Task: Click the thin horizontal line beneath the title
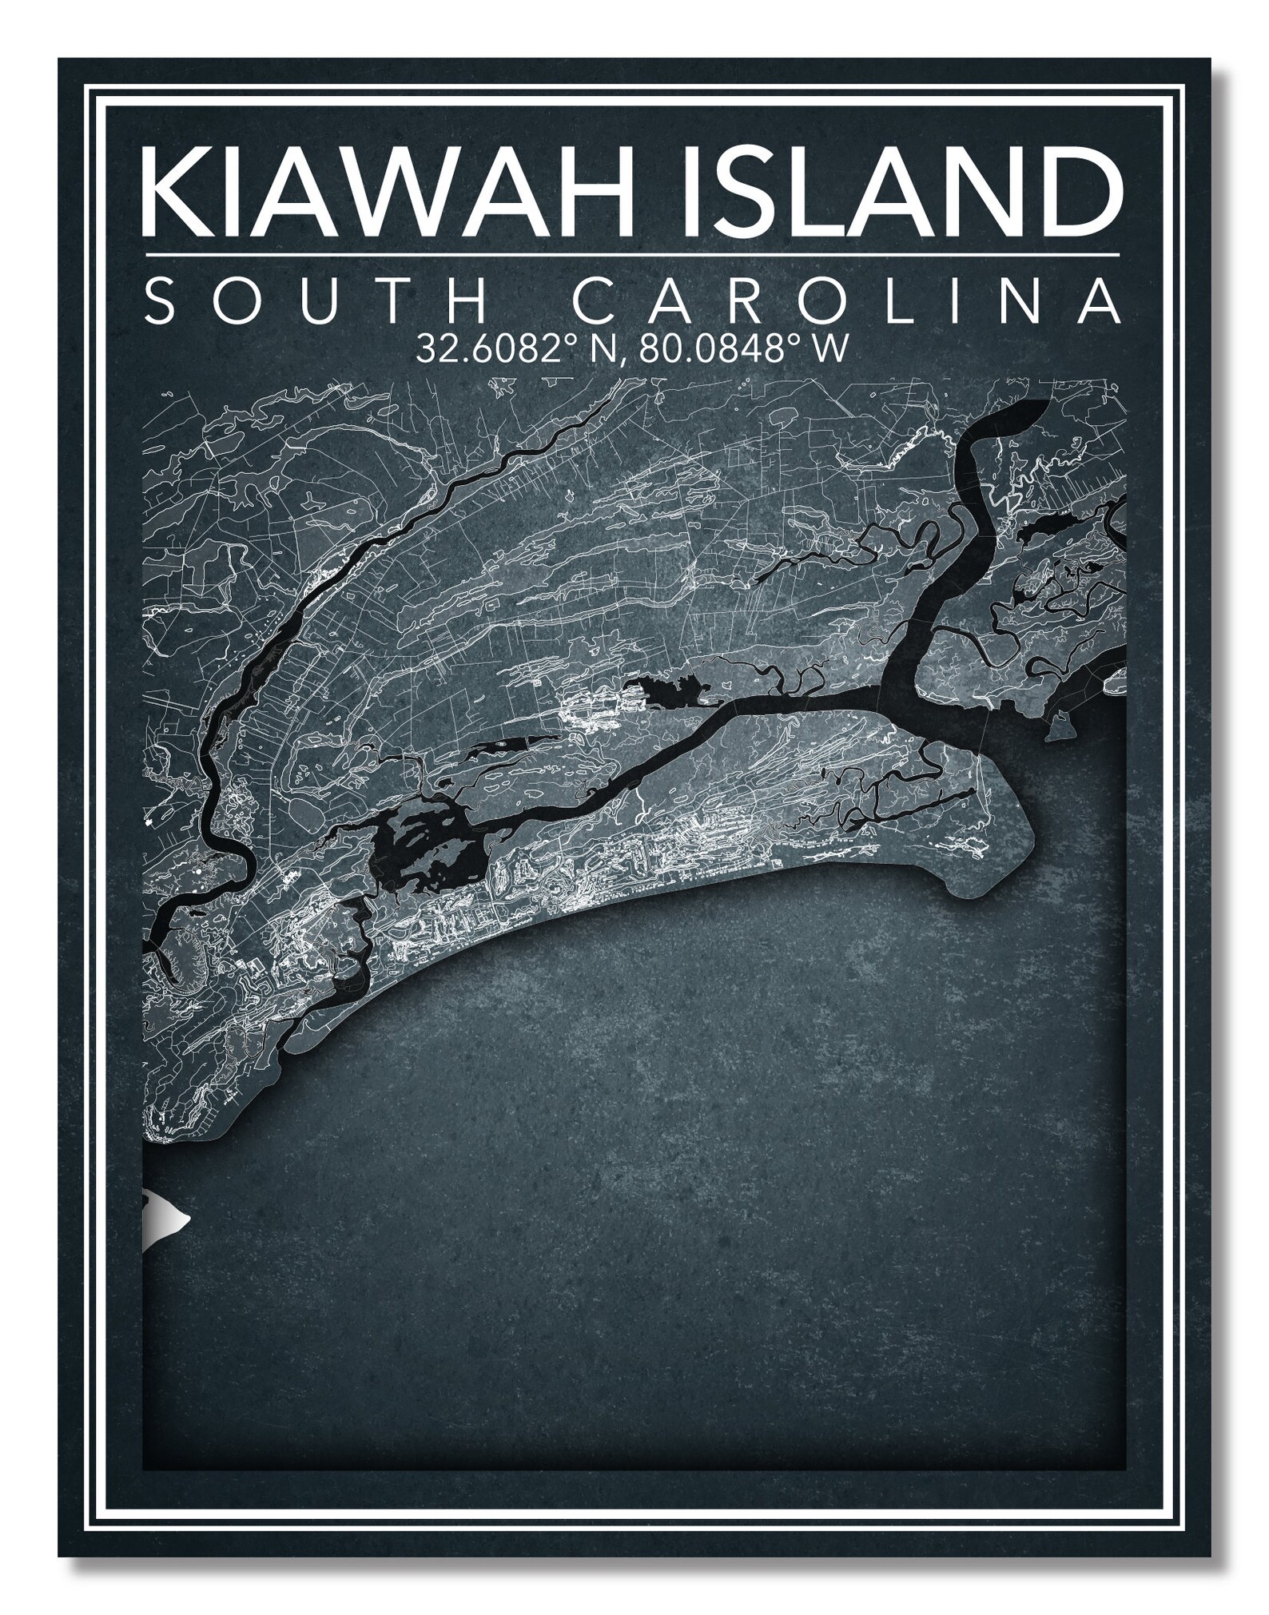pyautogui.click(x=631, y=254)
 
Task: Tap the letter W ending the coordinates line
pyautogui.click(x=829, y=349)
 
